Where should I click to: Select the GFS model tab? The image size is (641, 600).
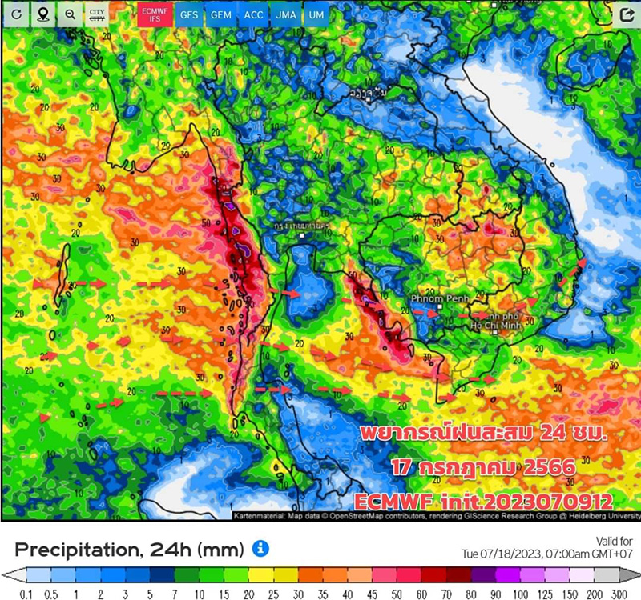(189, 14)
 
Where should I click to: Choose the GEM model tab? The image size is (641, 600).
(221, 14)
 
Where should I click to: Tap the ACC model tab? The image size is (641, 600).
(253, 14)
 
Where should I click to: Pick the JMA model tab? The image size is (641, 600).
(284, 14)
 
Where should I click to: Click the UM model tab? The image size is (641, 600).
(316, 14)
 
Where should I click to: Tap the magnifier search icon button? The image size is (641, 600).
(70, 14)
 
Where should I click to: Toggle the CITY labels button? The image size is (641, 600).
(97, 14)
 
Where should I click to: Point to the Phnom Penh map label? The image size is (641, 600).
(433, 299)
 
